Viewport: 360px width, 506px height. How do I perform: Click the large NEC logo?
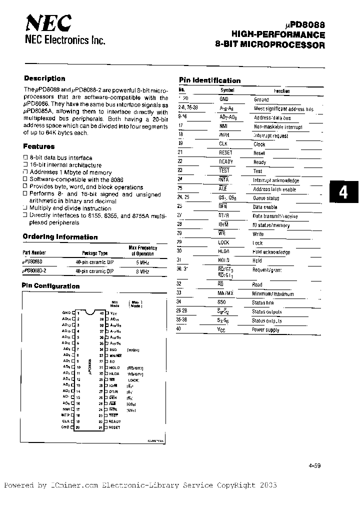click(x=48, y=22)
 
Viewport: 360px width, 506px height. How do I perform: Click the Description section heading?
click(x=44, y=78)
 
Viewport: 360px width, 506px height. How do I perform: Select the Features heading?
click(x=38, y=146)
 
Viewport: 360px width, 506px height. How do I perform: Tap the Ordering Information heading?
click(x=60, y=237)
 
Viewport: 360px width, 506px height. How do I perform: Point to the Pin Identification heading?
click(x=209, y=80)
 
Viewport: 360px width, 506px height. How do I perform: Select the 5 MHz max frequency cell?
click(x=141, y=262)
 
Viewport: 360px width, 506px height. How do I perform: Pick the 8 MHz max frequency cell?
click(x=141, y=270)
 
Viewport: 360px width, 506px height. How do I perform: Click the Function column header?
click(x=281, y=91)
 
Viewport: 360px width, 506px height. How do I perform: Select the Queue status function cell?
click(x=266, y=198)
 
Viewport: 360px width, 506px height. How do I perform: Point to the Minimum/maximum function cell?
click(x=273, y=294)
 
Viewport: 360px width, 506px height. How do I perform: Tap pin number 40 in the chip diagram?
click(x=101, y=313)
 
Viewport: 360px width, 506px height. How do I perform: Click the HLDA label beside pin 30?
click(x=114, y=373)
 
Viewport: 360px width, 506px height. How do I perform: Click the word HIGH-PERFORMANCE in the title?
click(x=278, y=35)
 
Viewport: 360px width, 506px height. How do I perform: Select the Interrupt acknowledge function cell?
click(x=276, y=180)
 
